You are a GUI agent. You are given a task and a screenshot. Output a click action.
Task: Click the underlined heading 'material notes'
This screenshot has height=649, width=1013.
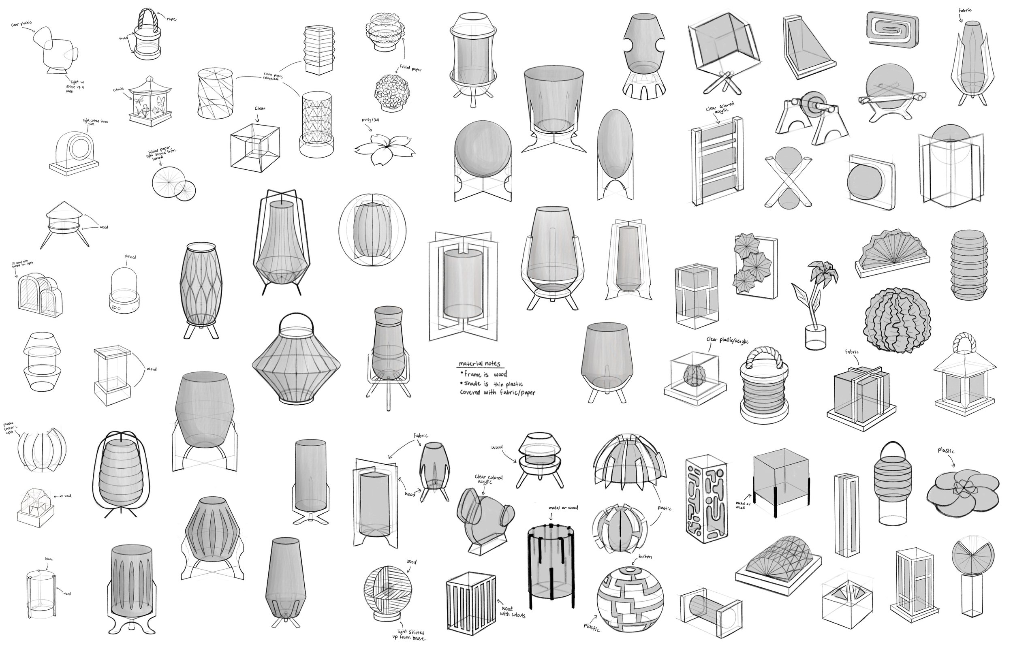click(x=479, y=364)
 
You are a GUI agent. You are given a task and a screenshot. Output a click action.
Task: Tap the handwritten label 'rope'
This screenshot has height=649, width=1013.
click(x=171, y=19)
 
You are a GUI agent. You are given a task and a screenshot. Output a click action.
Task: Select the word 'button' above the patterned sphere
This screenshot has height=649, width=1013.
click(x=645, y=557)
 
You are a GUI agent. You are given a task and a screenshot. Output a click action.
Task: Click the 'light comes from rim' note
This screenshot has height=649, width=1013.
click(x=96, y=123)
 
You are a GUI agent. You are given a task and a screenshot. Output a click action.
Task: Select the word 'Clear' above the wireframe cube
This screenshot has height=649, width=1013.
click(x=260, y=109)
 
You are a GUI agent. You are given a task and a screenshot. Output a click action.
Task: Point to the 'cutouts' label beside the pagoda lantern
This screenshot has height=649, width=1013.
click(x=118, y=90)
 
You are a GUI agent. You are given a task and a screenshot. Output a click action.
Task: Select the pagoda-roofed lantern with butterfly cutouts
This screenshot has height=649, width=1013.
click(x=150, y=103)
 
